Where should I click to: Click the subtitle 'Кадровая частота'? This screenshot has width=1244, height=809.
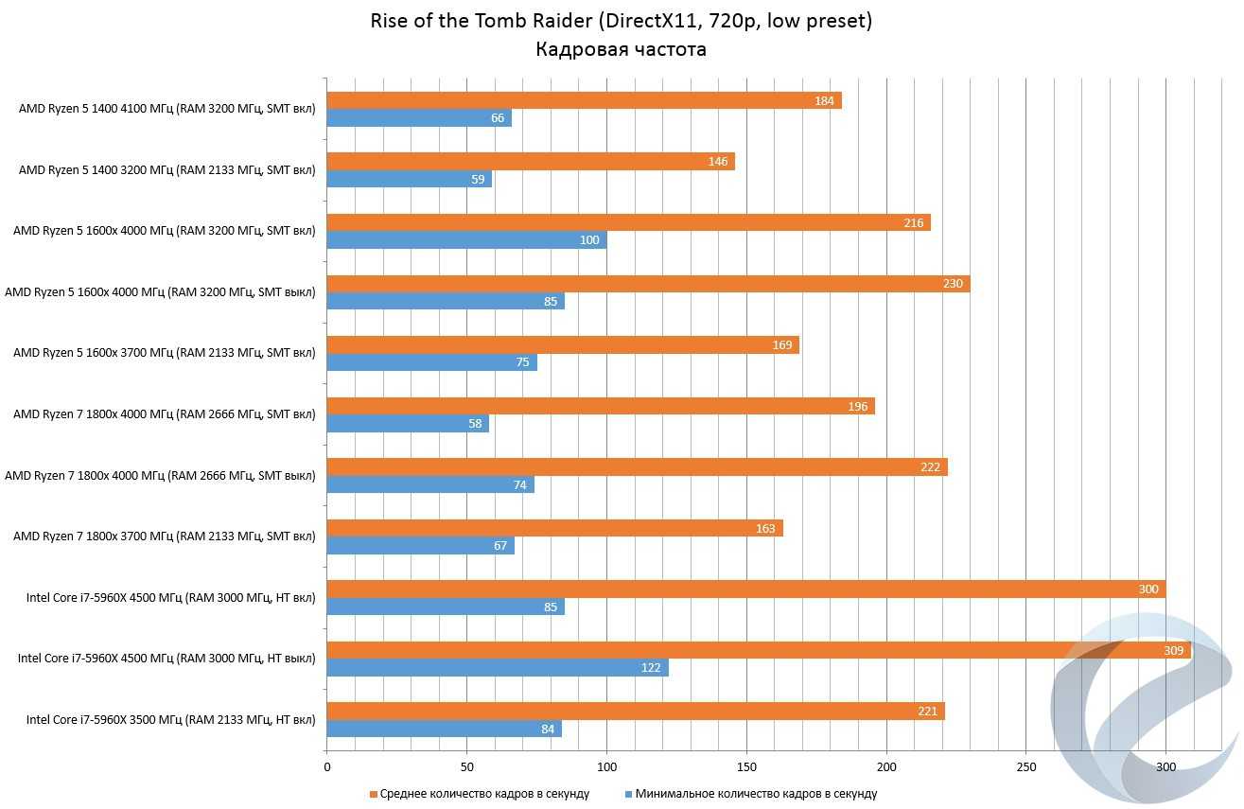click(621, 49)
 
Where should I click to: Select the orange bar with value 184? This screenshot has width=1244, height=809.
click(583, 100)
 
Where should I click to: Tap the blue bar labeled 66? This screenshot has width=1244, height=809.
click(418, 118)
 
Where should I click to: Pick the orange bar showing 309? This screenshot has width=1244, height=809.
click(757, 650)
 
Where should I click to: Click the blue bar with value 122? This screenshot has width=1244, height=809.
click(497, 668)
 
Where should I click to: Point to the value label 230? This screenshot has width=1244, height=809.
click(953, 284)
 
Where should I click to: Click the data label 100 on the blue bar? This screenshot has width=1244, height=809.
click(589, 240)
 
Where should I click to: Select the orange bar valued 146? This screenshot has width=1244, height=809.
click(530, 162)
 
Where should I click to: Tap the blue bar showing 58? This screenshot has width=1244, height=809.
click(407, 424)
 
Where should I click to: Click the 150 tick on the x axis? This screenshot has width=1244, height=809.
click(746, 767)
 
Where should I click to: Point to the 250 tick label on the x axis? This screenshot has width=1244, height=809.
click(1026, 767)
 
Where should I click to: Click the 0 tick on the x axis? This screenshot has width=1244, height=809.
click(327, 767)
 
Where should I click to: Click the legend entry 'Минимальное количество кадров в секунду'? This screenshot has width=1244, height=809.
click(755, 794)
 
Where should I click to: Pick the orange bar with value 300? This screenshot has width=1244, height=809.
click(745, 589)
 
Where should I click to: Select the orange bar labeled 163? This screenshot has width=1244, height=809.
click(554, 528)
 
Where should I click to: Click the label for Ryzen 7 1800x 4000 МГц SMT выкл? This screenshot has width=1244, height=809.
click(160, 476)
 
